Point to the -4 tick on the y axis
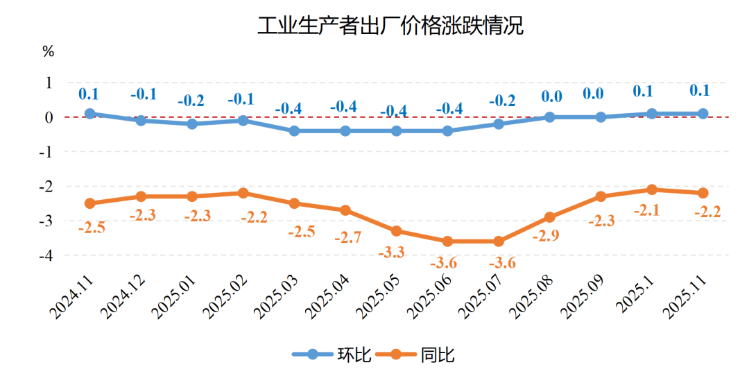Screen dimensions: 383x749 pos(47,255)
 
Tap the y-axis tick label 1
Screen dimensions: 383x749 pos(49,83)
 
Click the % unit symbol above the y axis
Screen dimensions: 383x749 pos(48,51)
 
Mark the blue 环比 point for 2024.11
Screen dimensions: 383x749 pos(90,113)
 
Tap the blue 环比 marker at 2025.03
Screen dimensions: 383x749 pos(294,130)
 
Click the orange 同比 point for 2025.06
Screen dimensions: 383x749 pos(447,241)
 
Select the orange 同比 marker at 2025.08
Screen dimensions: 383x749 pos(549,217)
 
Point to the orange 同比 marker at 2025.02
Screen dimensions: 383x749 pos(243,193)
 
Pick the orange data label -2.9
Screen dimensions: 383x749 pos(545,236)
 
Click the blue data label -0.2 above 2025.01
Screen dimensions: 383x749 pos(191,101)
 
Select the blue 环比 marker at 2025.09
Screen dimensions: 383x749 pos(601,117)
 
